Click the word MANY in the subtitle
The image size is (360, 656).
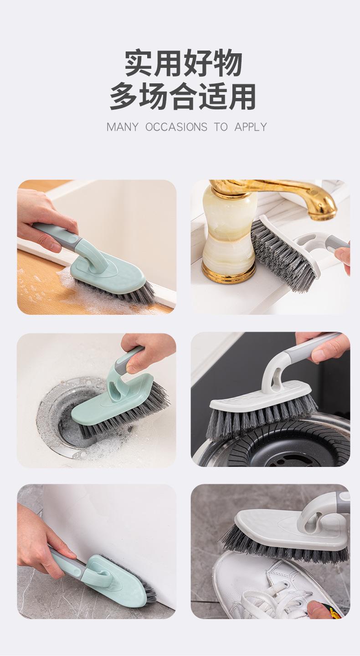[x=122, y=127]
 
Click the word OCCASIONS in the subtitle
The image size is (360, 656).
[x=176, y=127]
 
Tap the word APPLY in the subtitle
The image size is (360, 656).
[x=251, y=127]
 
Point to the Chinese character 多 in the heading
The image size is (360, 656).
[x=124, y=96]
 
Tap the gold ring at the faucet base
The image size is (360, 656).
[x=229, y=274]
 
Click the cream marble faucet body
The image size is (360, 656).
[x=228, y=231]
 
